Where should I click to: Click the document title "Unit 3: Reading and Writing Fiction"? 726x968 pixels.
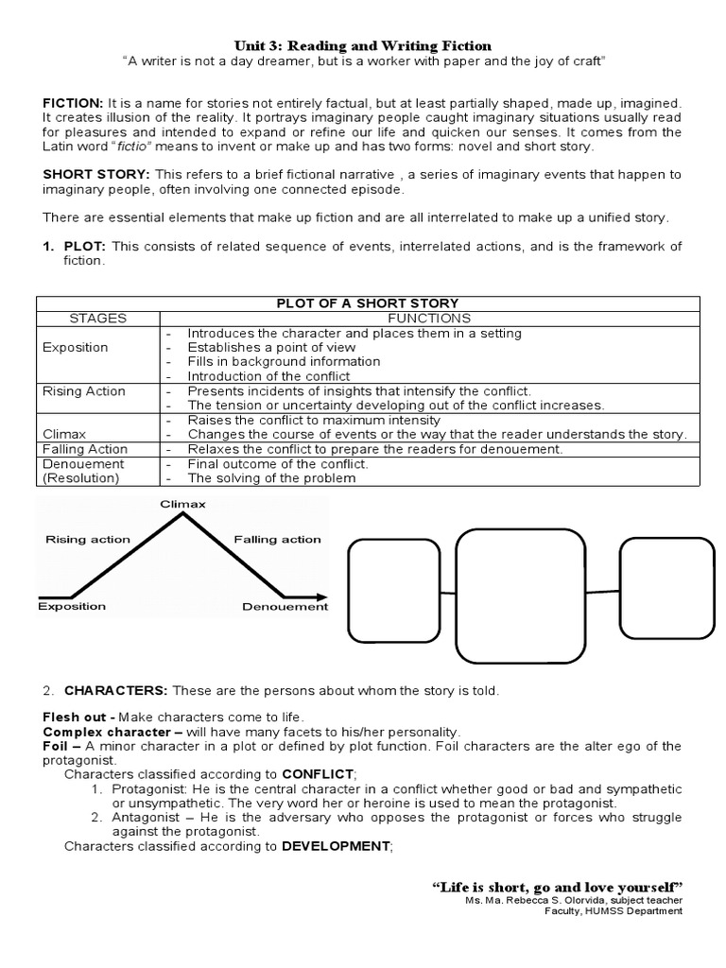(x=363, y=45)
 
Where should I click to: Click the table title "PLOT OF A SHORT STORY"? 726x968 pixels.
(x=368, y=302)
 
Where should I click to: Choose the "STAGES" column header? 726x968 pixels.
(x=97, y=319)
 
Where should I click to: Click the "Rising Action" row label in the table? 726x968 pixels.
(x=84, y=390)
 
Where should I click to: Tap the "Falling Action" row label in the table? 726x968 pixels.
(x=85, y=449)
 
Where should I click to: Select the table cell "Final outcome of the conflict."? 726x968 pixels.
(x=278, y=464)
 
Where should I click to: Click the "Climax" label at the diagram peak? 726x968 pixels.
(x=182, y=504)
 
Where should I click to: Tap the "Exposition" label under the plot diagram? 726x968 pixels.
(x=72, y=607)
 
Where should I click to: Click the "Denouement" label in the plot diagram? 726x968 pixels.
(x=285, y=607)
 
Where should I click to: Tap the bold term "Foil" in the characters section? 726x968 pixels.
(x=56, y=746)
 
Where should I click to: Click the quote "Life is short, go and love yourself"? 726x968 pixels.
(x=558, y=887)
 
